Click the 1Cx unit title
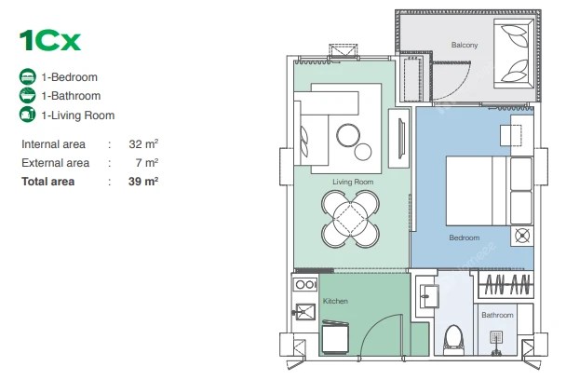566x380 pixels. (x=50, y=40)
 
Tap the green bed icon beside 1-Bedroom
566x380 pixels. (x=27, y=77)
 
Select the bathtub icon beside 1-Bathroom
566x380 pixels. (x=27, y=96)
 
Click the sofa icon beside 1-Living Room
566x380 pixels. (x=27, y=115)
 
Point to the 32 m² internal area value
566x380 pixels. (x=143, y=143)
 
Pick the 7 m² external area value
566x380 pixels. (x=147, y=163)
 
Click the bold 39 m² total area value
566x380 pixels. (x=143, y=182)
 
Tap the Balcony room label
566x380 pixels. (x=465, y=45)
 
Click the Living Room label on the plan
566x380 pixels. (x=353, y=182)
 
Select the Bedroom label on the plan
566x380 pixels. (x=465, y=237)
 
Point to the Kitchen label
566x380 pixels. (x=335, y=301)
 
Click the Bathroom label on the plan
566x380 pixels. (x=497, y=315)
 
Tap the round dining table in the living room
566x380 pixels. (x=350, y=219)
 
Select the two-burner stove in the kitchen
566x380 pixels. (x=305, y=285)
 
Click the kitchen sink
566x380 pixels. (x=305, y=312)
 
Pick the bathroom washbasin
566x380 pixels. (x=429, y=296)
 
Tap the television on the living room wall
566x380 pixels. (x=401, y=139)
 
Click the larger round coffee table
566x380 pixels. (x=348, y=135)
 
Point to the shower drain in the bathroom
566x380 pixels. (x=496, y=338)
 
